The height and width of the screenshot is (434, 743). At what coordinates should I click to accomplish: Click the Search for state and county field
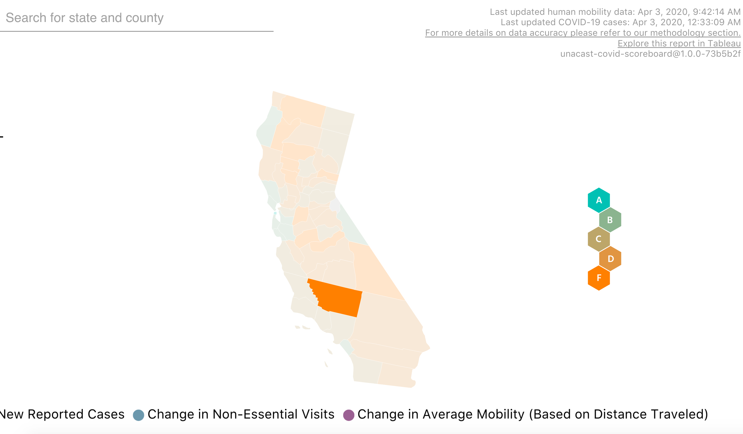click(x=137, y=18)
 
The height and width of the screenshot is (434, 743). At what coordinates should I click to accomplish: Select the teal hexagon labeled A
click(x=599, y=200)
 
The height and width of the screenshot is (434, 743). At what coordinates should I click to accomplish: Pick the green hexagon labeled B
click(x=610, y=220)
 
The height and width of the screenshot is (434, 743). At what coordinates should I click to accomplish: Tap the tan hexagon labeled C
click(x=599, y=239)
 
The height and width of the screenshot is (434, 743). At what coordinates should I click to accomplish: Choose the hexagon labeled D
click(x=610, y=258)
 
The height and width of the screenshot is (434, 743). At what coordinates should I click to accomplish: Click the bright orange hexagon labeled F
click(x=599, y=278)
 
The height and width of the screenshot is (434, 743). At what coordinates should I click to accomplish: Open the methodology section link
click(x=583, y=33)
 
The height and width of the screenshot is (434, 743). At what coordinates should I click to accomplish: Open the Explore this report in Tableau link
click(x=679, y=43)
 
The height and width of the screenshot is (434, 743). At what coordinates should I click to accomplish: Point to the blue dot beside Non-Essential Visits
click(x=138, y=415)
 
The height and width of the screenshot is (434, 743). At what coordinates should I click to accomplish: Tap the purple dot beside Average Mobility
click(x=348, y=415)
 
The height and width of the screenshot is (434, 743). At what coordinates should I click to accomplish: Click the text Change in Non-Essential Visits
click(x=241, y=414)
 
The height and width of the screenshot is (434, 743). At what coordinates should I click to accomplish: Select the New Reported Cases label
click(x=62, y=414)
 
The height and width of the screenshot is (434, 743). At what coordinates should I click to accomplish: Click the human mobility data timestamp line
click(x=615, y=12)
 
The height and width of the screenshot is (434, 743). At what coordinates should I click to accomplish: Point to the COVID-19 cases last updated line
click(x=620, y=22)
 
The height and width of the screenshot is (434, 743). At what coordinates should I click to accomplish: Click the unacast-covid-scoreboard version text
click(x=650, y=54)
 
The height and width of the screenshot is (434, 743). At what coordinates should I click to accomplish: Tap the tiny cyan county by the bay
click(x=275, y=213)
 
